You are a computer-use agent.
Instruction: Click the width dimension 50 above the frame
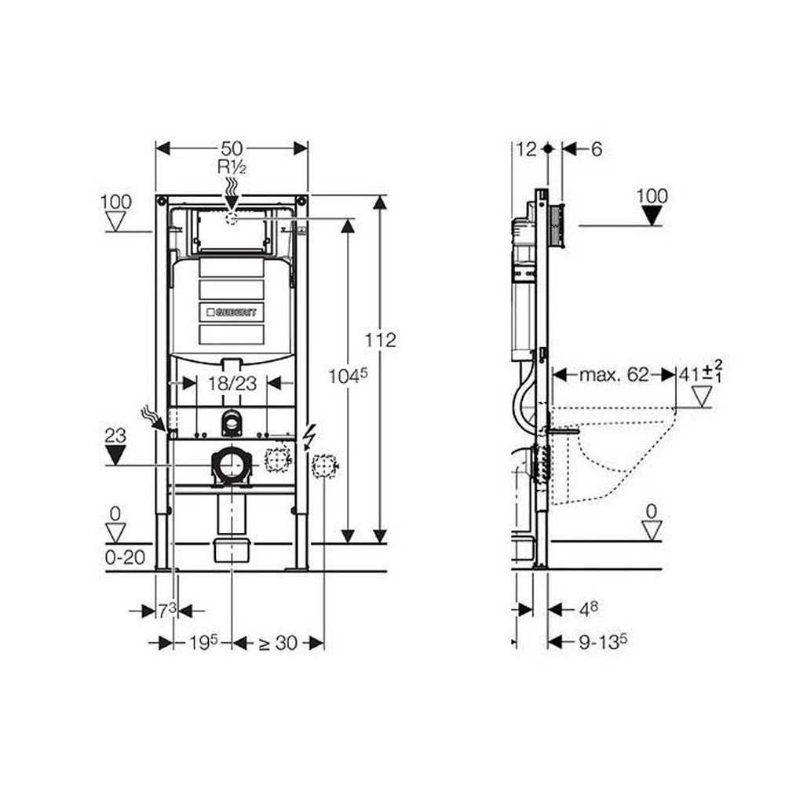(x=232, y=148)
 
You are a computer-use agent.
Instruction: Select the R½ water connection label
(x=232, y=166)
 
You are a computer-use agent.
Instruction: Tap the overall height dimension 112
(x=381, y=340)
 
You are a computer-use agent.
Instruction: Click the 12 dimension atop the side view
(x=526, y=148)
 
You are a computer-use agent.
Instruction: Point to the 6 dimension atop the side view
(x=596, y=148)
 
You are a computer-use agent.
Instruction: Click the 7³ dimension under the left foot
(x=166, y=610)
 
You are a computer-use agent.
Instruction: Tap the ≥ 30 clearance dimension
(x=278, y=643)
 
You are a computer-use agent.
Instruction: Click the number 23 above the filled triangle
(x=116, y=436)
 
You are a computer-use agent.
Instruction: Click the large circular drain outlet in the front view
(x=231, y=466)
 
